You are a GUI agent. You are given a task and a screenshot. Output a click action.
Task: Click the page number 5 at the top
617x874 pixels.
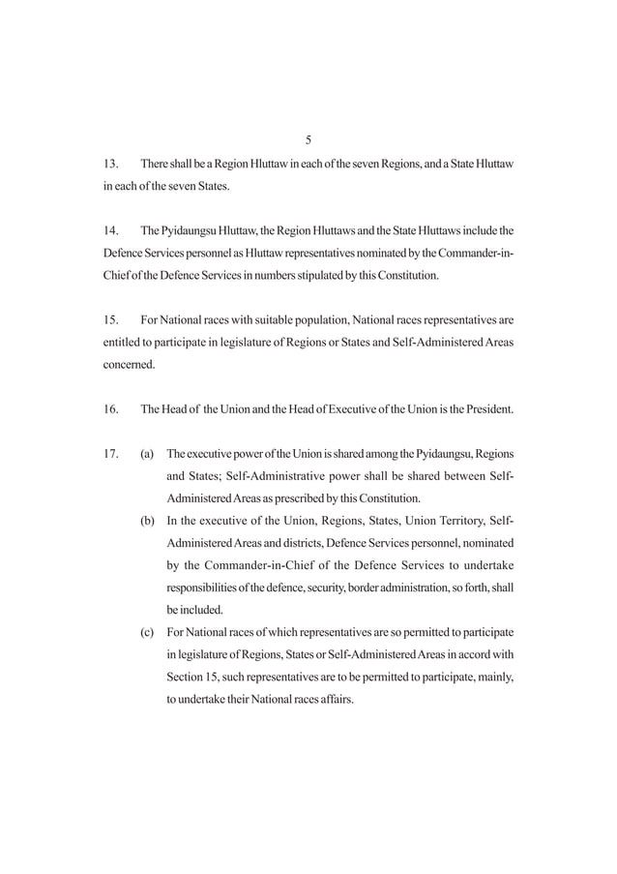(x=308, y=139)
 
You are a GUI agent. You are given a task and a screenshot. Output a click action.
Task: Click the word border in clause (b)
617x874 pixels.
(x=358, y=588)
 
